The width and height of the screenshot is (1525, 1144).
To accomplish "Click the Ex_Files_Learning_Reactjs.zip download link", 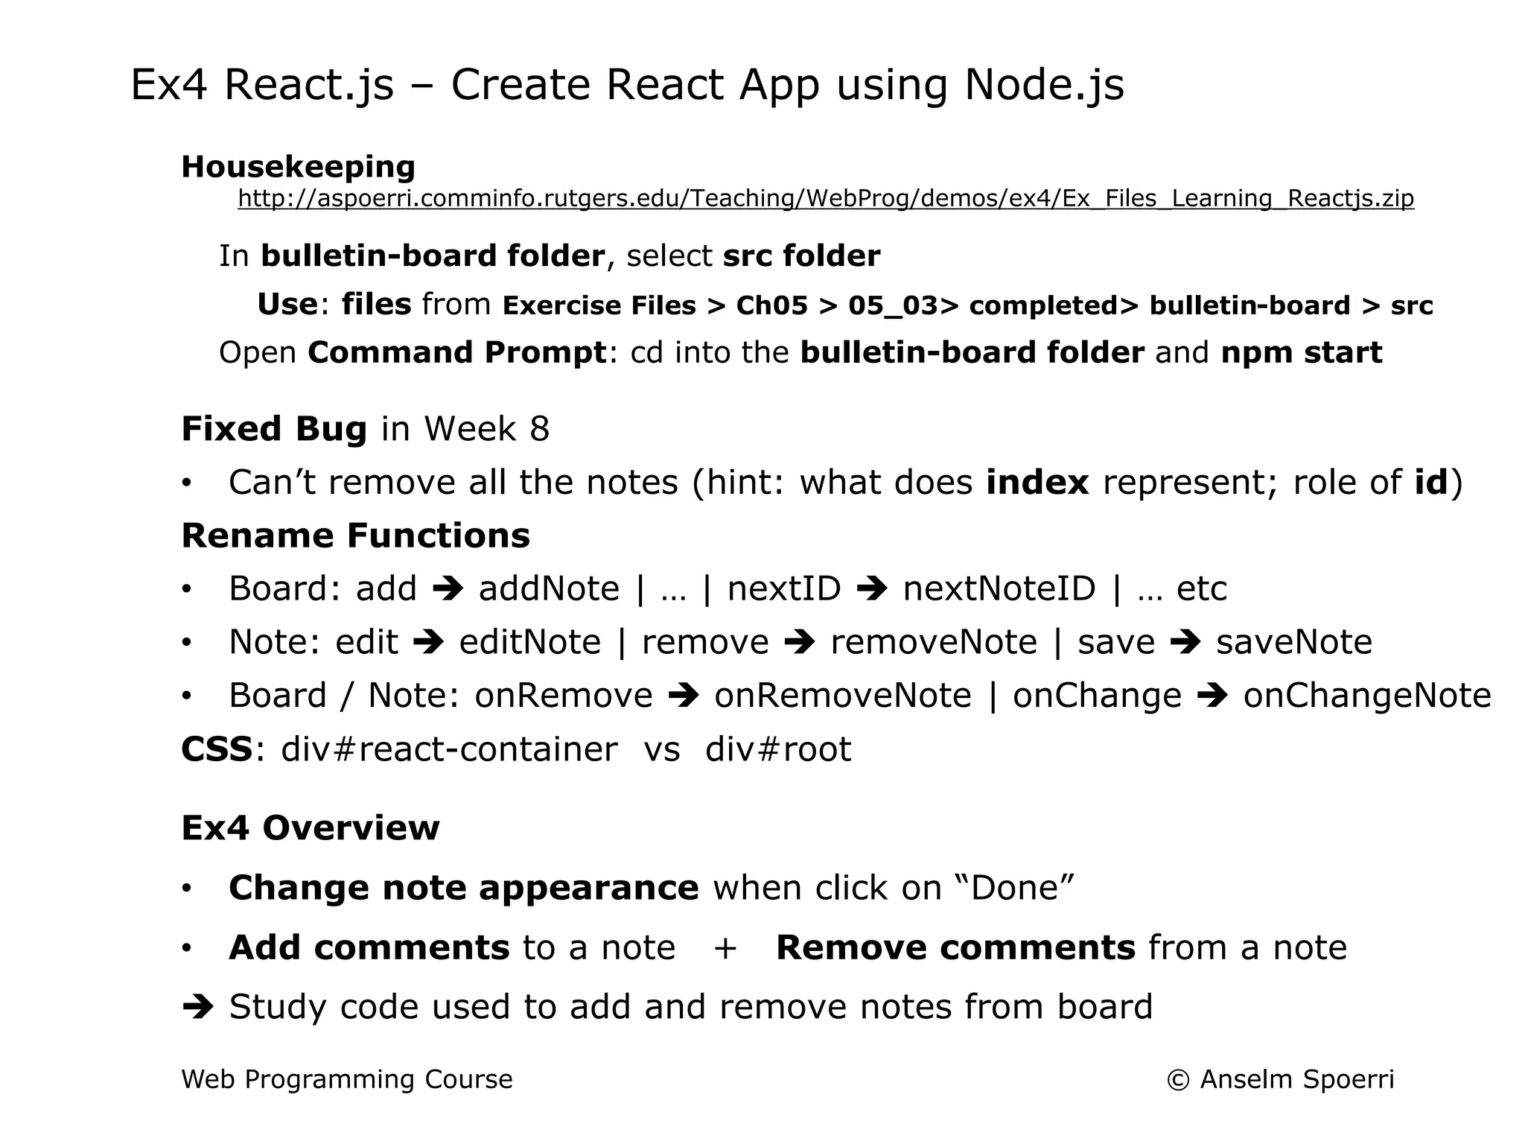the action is [x=825, y=199].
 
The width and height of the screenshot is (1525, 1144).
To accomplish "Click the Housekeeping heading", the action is [x=298, y=167].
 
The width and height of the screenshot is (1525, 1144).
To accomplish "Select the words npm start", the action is [x=1301, y=352].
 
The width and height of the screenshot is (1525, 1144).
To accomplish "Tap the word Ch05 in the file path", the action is [x=771, y=305].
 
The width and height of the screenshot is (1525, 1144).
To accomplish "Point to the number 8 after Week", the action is [x=539, y=429].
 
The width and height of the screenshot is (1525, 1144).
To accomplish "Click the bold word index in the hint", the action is [x=1037, y=483].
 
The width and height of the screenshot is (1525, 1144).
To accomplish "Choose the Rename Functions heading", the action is [x=355, y=536].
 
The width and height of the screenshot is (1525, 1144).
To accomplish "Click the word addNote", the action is [x=549, y=589].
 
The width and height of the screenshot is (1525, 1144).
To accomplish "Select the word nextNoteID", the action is [x=999, y=589].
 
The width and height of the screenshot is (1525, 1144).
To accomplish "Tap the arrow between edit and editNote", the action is [x=428, y=642].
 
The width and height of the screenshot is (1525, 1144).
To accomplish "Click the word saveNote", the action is [x=1293, y=642].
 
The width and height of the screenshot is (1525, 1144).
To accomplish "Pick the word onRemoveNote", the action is [x=843, y=696].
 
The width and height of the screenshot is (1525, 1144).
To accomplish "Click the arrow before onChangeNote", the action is [x=1212, y=696].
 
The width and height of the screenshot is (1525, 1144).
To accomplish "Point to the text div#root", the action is [x=778, y=749].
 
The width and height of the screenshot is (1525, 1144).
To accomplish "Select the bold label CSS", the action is [x=217, y=749].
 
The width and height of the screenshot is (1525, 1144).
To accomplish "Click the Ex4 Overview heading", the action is [x=311, y=828].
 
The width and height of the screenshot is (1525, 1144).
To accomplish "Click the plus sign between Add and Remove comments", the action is [x=725, y=948].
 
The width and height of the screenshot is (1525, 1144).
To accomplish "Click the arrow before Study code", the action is [x=198, y=1007].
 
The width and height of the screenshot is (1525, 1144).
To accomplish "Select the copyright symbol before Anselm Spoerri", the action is [x=1177, y=1080].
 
